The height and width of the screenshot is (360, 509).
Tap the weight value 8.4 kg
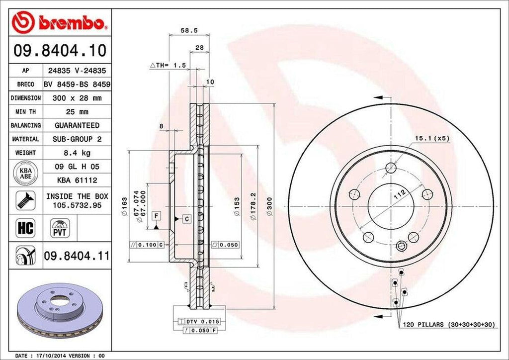(x=77, y=153)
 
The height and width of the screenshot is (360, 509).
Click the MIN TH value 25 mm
(x=77, y=112)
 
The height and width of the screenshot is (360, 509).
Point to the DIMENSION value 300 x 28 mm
(x=77, y=98)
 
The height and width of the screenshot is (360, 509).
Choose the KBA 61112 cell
(x=77, y=180)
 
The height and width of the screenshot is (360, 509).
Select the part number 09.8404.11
(x=77, y=256)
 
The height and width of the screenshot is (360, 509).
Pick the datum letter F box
(x=157, y=215)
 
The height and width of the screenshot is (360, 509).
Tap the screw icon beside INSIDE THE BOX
(x=25, y=200)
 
